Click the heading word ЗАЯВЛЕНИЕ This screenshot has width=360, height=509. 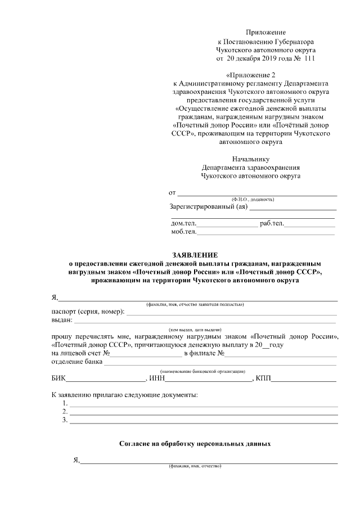[194, 255]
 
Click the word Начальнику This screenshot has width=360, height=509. [251, 159]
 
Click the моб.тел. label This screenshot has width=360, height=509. [184, 232]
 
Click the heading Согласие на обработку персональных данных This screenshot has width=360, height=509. [195, 444]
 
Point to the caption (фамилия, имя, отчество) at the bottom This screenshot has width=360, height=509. [195, 467]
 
